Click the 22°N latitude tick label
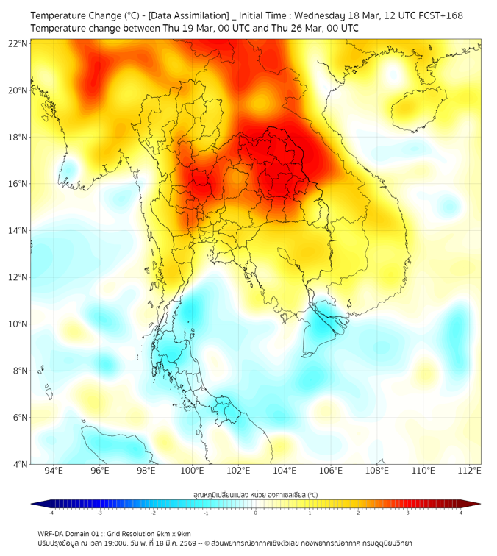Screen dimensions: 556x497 (x=18, y=43)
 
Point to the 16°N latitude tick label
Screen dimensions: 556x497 (x=18, y=184)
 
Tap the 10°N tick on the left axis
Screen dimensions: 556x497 (x=18, y=324)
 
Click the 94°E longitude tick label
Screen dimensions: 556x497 (x=54, y=471)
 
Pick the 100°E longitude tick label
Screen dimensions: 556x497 (x=192, y=471)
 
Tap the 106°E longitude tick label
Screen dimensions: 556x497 (x=331, y=471)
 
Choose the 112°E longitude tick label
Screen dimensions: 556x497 (x=470, y=471)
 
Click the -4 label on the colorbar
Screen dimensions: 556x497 (x=51, y=513)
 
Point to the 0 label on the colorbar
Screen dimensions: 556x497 (x=256, y=513)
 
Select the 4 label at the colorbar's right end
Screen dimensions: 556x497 (x=461, y=513)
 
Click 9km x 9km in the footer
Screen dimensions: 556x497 (x=174, y=533)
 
